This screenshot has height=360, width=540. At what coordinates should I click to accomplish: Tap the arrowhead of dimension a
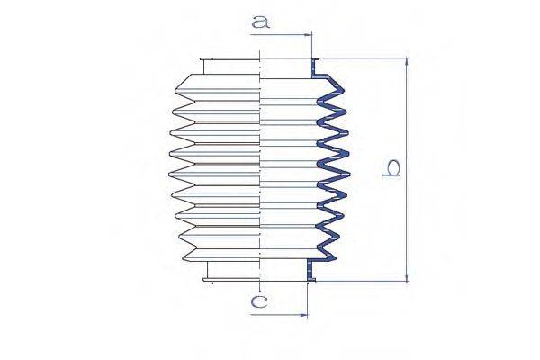pos(307,34)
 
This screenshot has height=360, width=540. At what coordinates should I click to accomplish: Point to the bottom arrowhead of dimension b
pos(407,277)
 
